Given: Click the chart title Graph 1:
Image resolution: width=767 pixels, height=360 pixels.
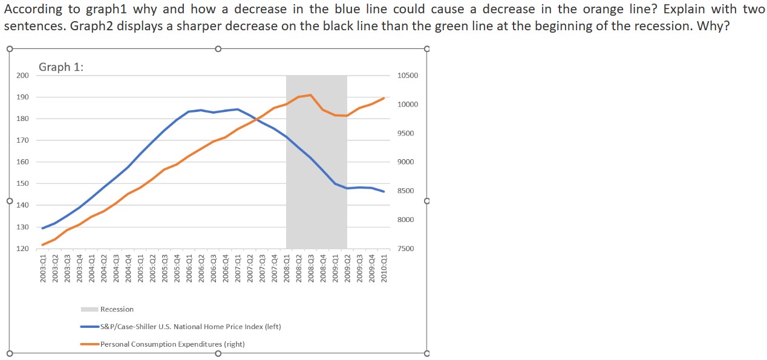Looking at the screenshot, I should coord(61,67).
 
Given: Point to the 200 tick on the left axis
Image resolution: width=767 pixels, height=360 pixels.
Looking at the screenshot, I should coord(22,75).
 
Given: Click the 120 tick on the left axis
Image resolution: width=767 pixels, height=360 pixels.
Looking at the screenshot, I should coord(22,249).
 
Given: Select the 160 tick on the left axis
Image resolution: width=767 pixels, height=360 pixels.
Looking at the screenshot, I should coord(22,162).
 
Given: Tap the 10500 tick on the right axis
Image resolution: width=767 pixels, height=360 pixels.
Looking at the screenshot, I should coord(407,75).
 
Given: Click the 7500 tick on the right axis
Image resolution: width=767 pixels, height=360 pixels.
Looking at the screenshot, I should coord(406,249).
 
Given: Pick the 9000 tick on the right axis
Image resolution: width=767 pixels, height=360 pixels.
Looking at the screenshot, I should coord(406,162).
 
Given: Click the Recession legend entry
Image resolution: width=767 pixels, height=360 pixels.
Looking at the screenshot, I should coord(117,309).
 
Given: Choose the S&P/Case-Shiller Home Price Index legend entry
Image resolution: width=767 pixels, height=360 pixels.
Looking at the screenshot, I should coord(190,327).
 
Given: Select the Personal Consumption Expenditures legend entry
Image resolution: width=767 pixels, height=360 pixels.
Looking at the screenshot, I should coord(172,344).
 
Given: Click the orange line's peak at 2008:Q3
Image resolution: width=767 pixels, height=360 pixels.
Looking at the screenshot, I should coord(310,95).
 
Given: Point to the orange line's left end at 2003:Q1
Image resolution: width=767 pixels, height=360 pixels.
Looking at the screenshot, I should coord(43,245).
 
